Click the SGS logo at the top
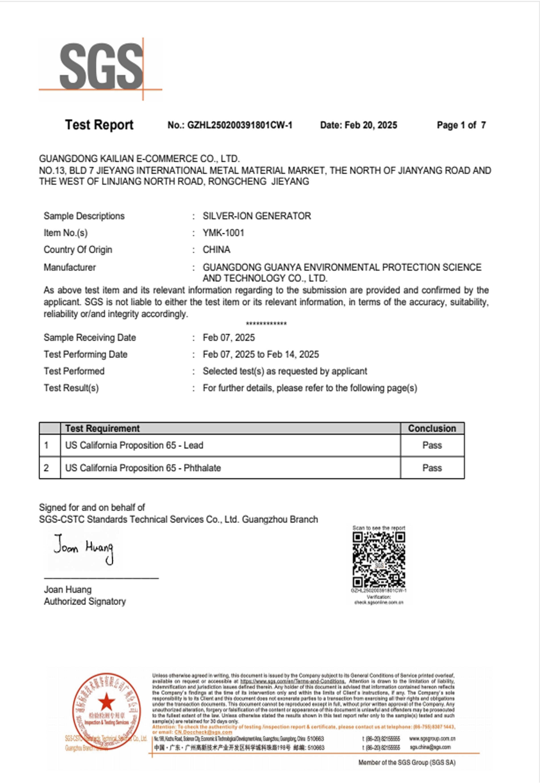tap(101, 68)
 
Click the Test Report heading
tap(99, 125)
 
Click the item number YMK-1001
tap(223, 233)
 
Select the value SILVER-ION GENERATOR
tap(256, 216)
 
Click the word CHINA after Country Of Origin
tap(216, 250)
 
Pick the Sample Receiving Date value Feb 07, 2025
tap(229, 337)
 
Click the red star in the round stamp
tap(106, 702)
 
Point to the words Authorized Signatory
tap(85, 601)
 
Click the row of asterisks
tap(266, 324)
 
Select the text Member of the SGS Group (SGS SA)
tap(407, 762)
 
